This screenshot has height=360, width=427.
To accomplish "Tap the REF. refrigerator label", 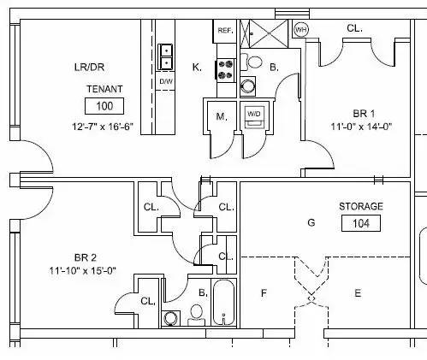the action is click(x=225, y=31).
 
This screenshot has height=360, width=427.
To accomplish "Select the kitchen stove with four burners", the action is click(x=225, y=70).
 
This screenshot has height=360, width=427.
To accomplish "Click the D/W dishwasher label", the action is click(x=166, y=81).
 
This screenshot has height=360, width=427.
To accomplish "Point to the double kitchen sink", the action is click(x=165, y=57).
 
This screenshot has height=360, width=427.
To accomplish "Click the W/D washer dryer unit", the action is click(x=254, y=117).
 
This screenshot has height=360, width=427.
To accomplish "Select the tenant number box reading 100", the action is click(x=104, y=106).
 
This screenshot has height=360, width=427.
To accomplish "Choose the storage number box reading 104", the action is click(x=361, y=223).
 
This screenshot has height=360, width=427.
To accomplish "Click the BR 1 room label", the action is click(x=364, y=114).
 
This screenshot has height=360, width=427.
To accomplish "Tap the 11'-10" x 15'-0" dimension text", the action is click(x=83, y=270).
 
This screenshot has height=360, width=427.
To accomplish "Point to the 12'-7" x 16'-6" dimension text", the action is click(x=103, y=127).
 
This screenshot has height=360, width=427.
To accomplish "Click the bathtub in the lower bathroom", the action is click(x=223, y=302).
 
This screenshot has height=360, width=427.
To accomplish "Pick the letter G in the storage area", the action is click(x=311, y=222).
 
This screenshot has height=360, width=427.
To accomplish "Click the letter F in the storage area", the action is click(x=264, y=293).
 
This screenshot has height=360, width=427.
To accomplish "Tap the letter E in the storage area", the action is click(x=358, y=293).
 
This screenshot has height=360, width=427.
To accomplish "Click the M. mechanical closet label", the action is click(x=222, y=116).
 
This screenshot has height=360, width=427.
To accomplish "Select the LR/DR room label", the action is click(x=89, y=68).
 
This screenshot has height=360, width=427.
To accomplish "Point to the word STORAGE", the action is click(x=361, y=206).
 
